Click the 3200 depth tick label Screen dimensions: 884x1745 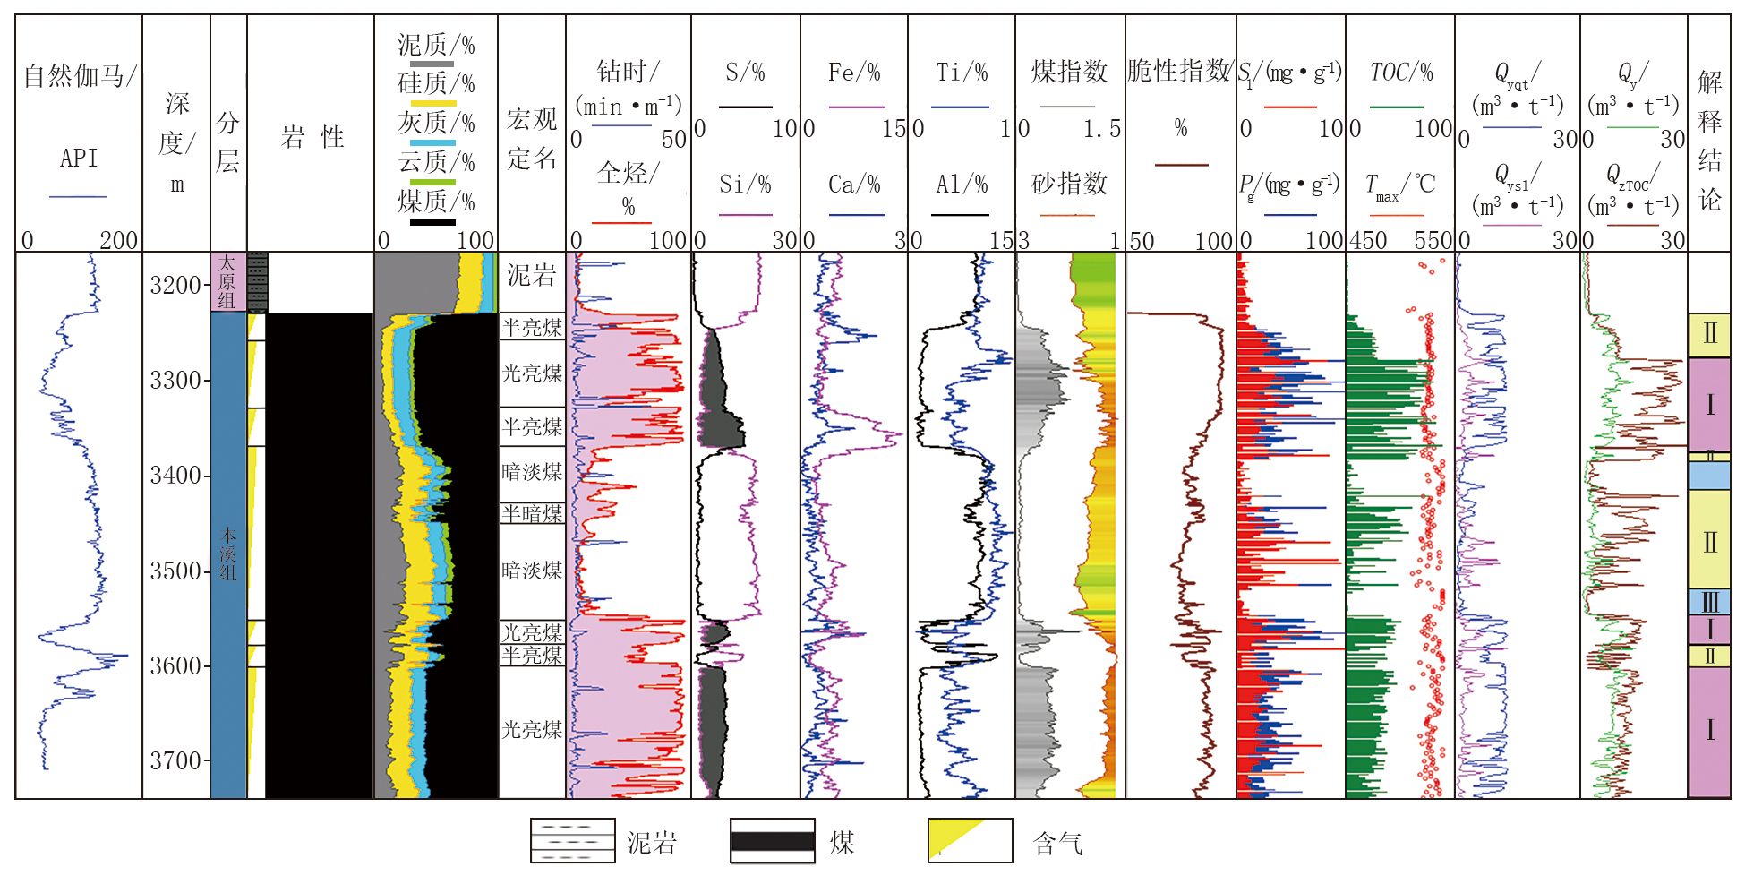coord(175,286)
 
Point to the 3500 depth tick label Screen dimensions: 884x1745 coord(175,571)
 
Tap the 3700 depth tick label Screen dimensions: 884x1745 coord(175,761)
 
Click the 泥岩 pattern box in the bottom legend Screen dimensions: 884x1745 coord(572,840)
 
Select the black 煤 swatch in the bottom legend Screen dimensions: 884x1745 coord(772,840)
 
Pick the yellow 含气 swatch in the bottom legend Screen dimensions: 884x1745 coord(970,840)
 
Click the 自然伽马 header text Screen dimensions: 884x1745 coord(79,76)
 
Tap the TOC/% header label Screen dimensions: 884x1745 coord(1400,73)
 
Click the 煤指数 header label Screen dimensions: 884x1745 coord(1069,72)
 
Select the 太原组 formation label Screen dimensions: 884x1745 coord(227,281)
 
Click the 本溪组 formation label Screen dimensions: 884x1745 coord(228,554)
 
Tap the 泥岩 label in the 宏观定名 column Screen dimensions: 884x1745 coord(531,275)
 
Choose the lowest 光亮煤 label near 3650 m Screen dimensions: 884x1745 coord(532,730)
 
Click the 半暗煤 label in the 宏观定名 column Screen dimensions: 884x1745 coord(532,513)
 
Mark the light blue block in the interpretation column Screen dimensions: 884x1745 coord(1708,475)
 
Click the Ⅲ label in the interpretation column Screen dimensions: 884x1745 coord(1709,602)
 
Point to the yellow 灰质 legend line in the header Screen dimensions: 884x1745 coord(432,104)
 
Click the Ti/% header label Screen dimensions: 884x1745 coord(962,73)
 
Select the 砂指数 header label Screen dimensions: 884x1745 coord(1069,184)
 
